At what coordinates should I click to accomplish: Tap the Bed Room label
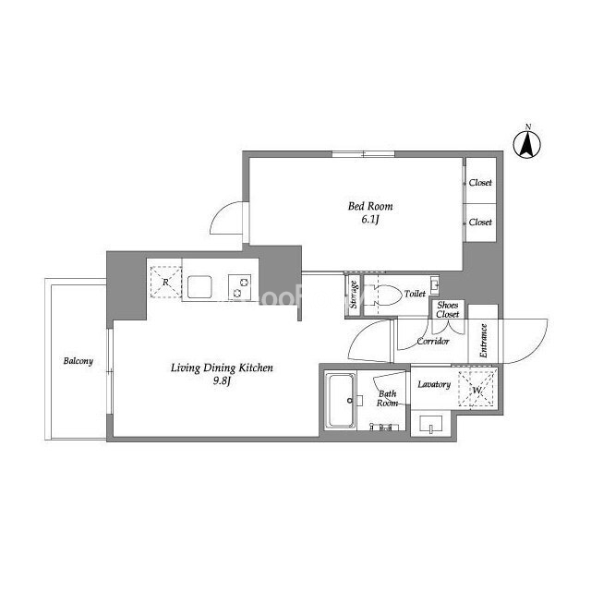(370, 206)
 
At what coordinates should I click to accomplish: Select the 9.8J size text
(222, 381)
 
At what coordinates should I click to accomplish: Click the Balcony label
(78, 361)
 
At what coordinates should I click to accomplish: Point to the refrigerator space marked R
(166, 282)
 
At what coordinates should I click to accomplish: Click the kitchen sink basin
(199, 287)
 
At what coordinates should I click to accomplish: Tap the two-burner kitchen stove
(240, 287)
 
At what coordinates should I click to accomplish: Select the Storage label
(354, 295)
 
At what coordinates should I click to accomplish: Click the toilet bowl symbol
(384, 295)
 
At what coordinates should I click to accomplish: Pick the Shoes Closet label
(447, 309)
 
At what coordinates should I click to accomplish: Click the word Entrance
(484, 341)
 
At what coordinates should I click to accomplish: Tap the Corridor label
(433, 341)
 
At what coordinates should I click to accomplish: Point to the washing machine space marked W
(476, 389)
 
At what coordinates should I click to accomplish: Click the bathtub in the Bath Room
(341, 401)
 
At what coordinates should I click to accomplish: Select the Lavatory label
(434, 384)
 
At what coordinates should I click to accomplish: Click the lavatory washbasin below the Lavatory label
(431, 425)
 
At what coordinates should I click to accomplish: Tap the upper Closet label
(480, 183)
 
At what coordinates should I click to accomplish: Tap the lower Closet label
(480, 222)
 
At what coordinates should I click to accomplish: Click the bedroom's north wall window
(363, 154)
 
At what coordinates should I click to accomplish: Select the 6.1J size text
(370, 220)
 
